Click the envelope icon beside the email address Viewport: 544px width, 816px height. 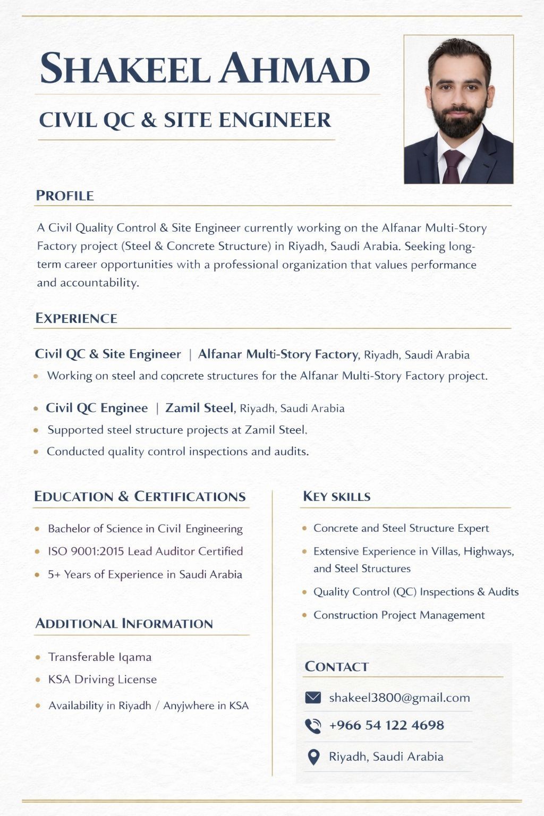(313, 697)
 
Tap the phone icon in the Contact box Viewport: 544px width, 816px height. (313, 726)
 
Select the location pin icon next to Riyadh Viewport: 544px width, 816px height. (313, 757)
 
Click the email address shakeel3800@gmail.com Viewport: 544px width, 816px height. (399, 698)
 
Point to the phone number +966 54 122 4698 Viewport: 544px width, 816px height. (386, 725)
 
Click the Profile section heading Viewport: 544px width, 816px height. (65, 195)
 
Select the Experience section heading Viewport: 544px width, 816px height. (76, 318)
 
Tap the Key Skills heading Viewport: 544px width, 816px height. (337, 497)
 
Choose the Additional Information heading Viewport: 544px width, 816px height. (124, 624)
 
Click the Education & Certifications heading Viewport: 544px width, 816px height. (140, 497)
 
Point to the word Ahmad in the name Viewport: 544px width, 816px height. (295, 69)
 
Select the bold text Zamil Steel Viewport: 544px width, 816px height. (199, 408)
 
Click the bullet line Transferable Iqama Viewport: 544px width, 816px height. (100, 657)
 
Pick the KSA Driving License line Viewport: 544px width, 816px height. (103, 679)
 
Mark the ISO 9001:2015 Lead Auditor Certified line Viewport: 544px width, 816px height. (145, 551)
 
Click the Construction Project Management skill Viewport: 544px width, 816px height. (399, 615)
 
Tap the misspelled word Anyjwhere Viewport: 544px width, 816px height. (188, 706)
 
